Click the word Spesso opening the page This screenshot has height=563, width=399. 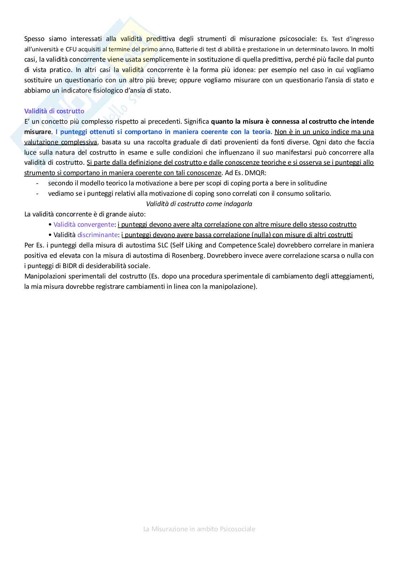[x=34, y=39]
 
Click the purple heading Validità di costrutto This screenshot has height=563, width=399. [x=54, y=111]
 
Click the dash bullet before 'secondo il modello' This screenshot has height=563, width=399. [x=37, y=183]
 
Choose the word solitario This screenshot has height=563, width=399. [x=317, y=194]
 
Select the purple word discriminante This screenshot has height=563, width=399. [x=97, y=235]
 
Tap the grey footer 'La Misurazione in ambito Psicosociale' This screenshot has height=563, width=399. [x=199, y=529]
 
